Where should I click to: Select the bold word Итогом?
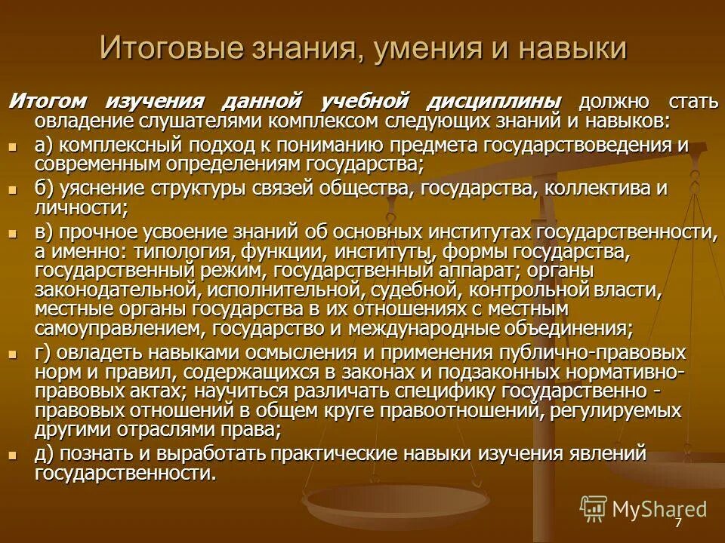pyautogui.click(x=47, y=102)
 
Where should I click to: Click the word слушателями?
pyautogui.click(x=200, y=121)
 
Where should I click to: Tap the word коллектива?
pyautogui.click(x=591, y=188)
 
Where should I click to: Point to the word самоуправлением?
pyautogui.click(x=119, y=329)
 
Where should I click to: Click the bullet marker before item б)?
pyautogui.click(x=12, y=189)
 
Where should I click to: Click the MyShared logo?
pyautogui.click(x=643, y=508)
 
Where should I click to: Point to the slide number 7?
pyautogui.click(x=678, y=522)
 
